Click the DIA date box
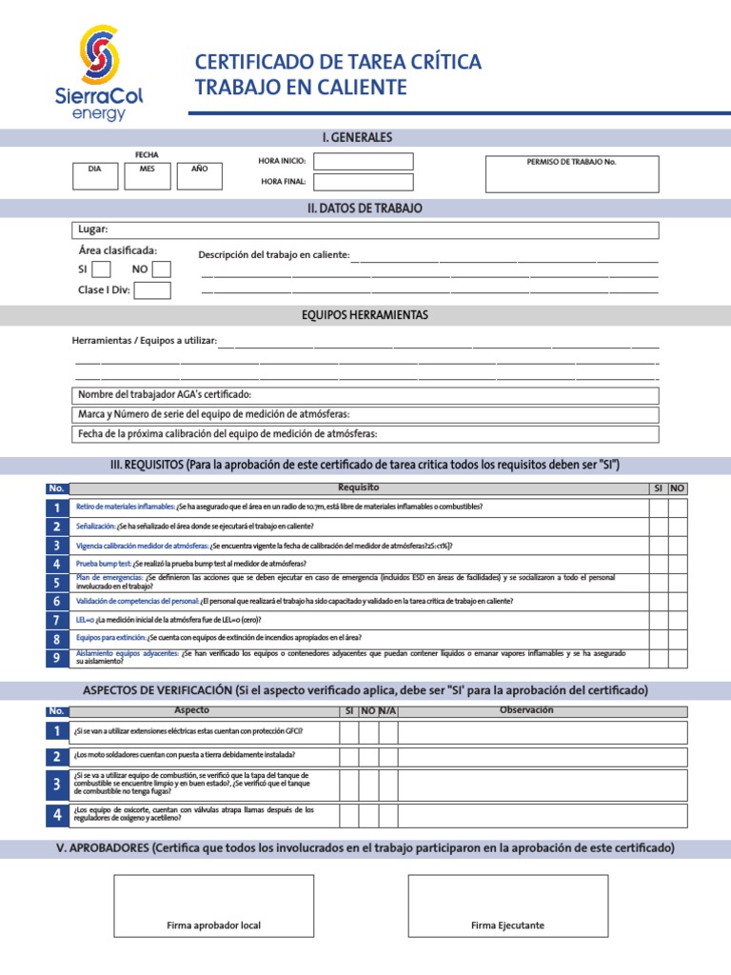coord(94,175)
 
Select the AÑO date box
coord(199,175)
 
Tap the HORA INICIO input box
coord(364,162)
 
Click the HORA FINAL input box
coord(364,182)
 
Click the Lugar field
coord(365,229)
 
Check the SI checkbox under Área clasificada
coord(102,269)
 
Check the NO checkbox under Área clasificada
coord(162,269)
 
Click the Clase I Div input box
coord(153,290)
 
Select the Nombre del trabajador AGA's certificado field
coord(365,395)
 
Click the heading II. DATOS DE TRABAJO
coord(365,208)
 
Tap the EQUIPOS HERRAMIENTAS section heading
coord(365,315)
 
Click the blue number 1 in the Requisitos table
coord(57,507)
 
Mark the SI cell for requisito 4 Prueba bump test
coord(658,564)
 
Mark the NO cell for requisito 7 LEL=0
coord(677,620)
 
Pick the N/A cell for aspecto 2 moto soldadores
coord(387,756)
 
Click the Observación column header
coord(526,710)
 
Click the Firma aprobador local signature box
coord(213,905)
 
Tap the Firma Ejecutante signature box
coord(508,905)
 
